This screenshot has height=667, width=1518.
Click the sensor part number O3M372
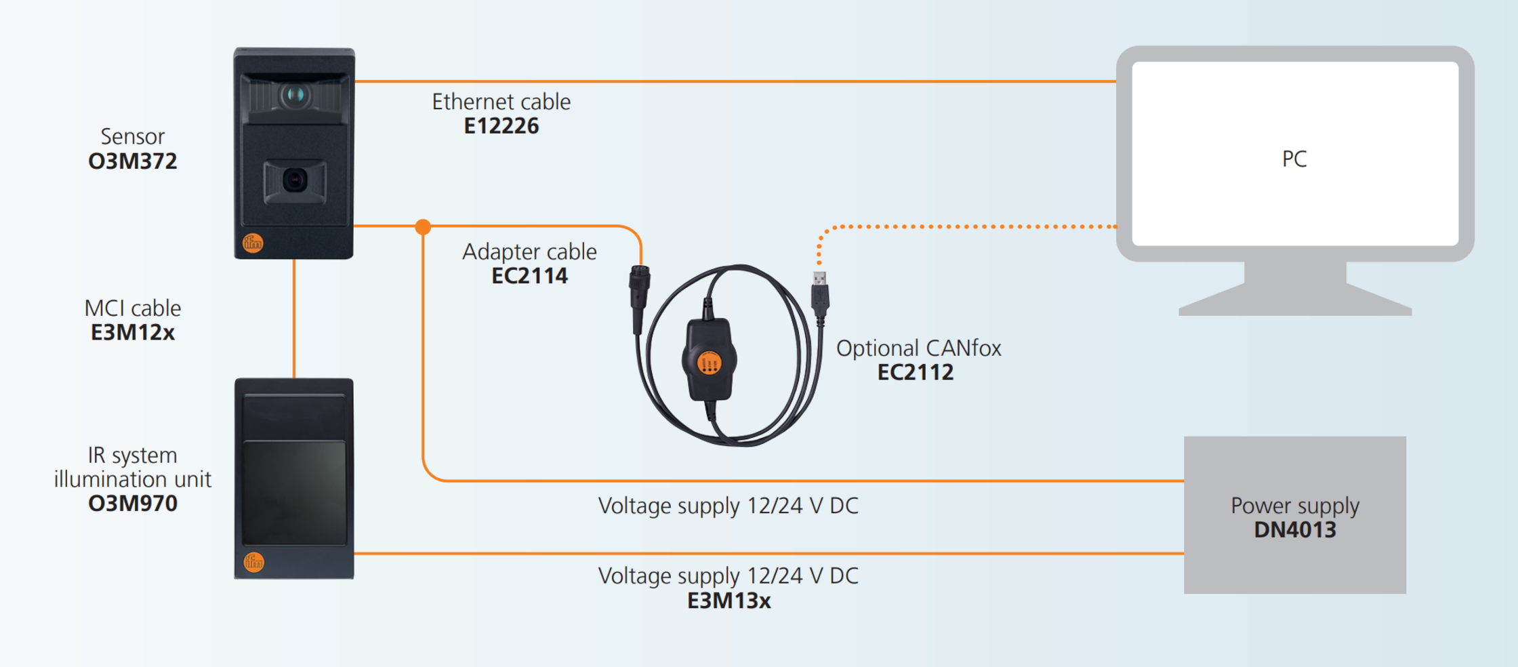[133, 161]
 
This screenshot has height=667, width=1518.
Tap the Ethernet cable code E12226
[501, 126]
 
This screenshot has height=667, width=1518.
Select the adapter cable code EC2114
[529, 276]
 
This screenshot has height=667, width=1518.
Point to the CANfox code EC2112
[915, 372]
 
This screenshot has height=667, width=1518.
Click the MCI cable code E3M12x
[133, 333]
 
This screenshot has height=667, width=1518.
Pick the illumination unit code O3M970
[133, 504]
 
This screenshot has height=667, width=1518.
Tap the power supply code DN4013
[1294, 530]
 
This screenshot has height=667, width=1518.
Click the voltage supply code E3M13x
[729, 601]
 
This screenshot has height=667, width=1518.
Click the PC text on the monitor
[1294, 159]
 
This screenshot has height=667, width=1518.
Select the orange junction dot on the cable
[423, 226]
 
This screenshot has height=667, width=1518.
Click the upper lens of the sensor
[295, 95]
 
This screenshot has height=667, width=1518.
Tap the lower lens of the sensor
[295, 180]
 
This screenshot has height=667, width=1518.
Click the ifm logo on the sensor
[253, 243]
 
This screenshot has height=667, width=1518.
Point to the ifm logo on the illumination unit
[253, 561]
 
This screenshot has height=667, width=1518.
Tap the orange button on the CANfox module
[709, 364]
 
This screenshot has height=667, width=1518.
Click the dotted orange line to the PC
[969, 226]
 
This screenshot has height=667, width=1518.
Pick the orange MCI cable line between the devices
[294, 319]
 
